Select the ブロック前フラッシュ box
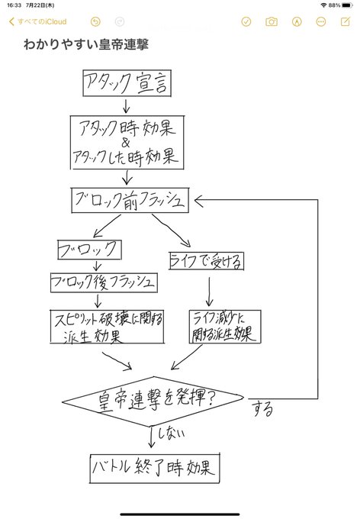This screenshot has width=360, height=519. (x=128, y=201)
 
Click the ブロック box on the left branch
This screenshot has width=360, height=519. (x=89, y=250)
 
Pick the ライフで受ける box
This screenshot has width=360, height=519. (x=206, y=262)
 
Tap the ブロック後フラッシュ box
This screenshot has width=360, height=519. (x=104, y=282)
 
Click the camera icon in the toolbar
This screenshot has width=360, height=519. (x=271, y=22)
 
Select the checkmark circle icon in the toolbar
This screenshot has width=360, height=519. (x=246, y=22)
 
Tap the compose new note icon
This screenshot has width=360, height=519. (x=345, y=22)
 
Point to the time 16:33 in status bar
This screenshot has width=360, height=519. (x=13, y=5)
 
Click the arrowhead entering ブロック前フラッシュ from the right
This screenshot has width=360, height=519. (x=201, y=200)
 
